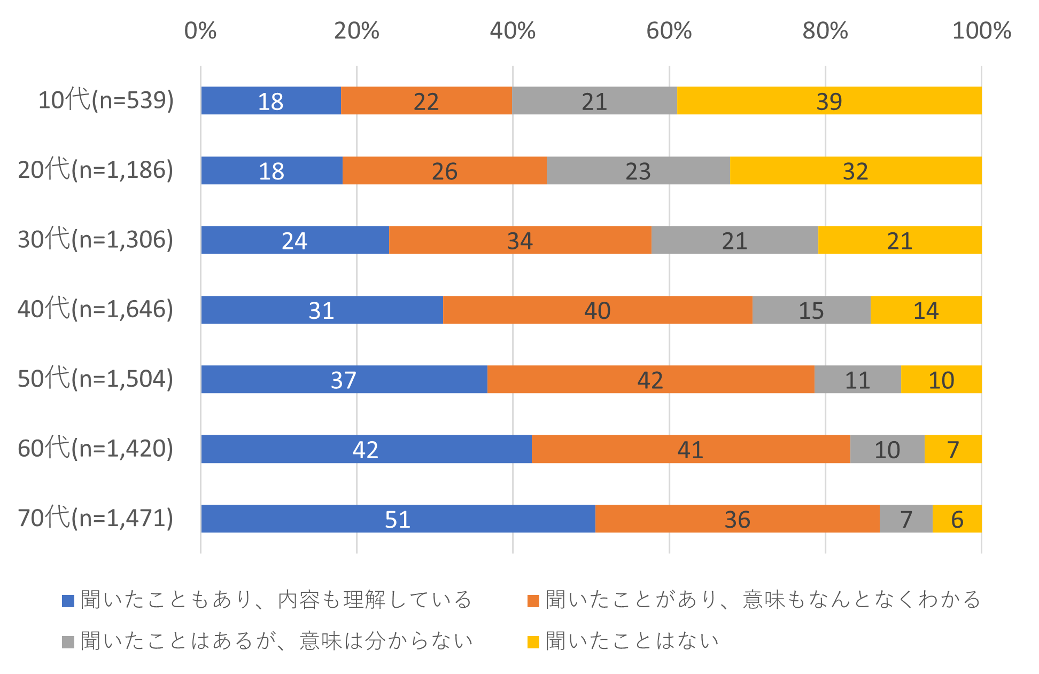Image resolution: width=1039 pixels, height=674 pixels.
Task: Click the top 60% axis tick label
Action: (x=669, y=31)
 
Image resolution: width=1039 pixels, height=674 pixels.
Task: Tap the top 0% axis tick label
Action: (x=200, y=31)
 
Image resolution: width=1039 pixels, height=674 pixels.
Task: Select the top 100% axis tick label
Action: (x=981, y=31)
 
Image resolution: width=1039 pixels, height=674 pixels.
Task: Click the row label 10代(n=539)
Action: (x=106, y=100)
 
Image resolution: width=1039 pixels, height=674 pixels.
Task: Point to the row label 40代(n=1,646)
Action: (x=96, y=309)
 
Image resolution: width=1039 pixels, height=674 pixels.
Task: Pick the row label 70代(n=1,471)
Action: (x=96, y=518)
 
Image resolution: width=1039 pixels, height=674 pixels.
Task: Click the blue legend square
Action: (x=68, y=601)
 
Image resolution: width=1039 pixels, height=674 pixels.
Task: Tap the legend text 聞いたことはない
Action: (x=632, y=641)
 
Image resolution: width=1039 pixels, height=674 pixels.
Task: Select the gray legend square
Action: (x=68, y=642)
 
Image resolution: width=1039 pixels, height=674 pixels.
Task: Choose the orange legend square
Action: (x=533, y=601)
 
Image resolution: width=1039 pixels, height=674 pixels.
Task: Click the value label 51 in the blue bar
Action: (x=398, y=520)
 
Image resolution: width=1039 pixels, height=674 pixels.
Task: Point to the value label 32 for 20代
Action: (x=855, y=171)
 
